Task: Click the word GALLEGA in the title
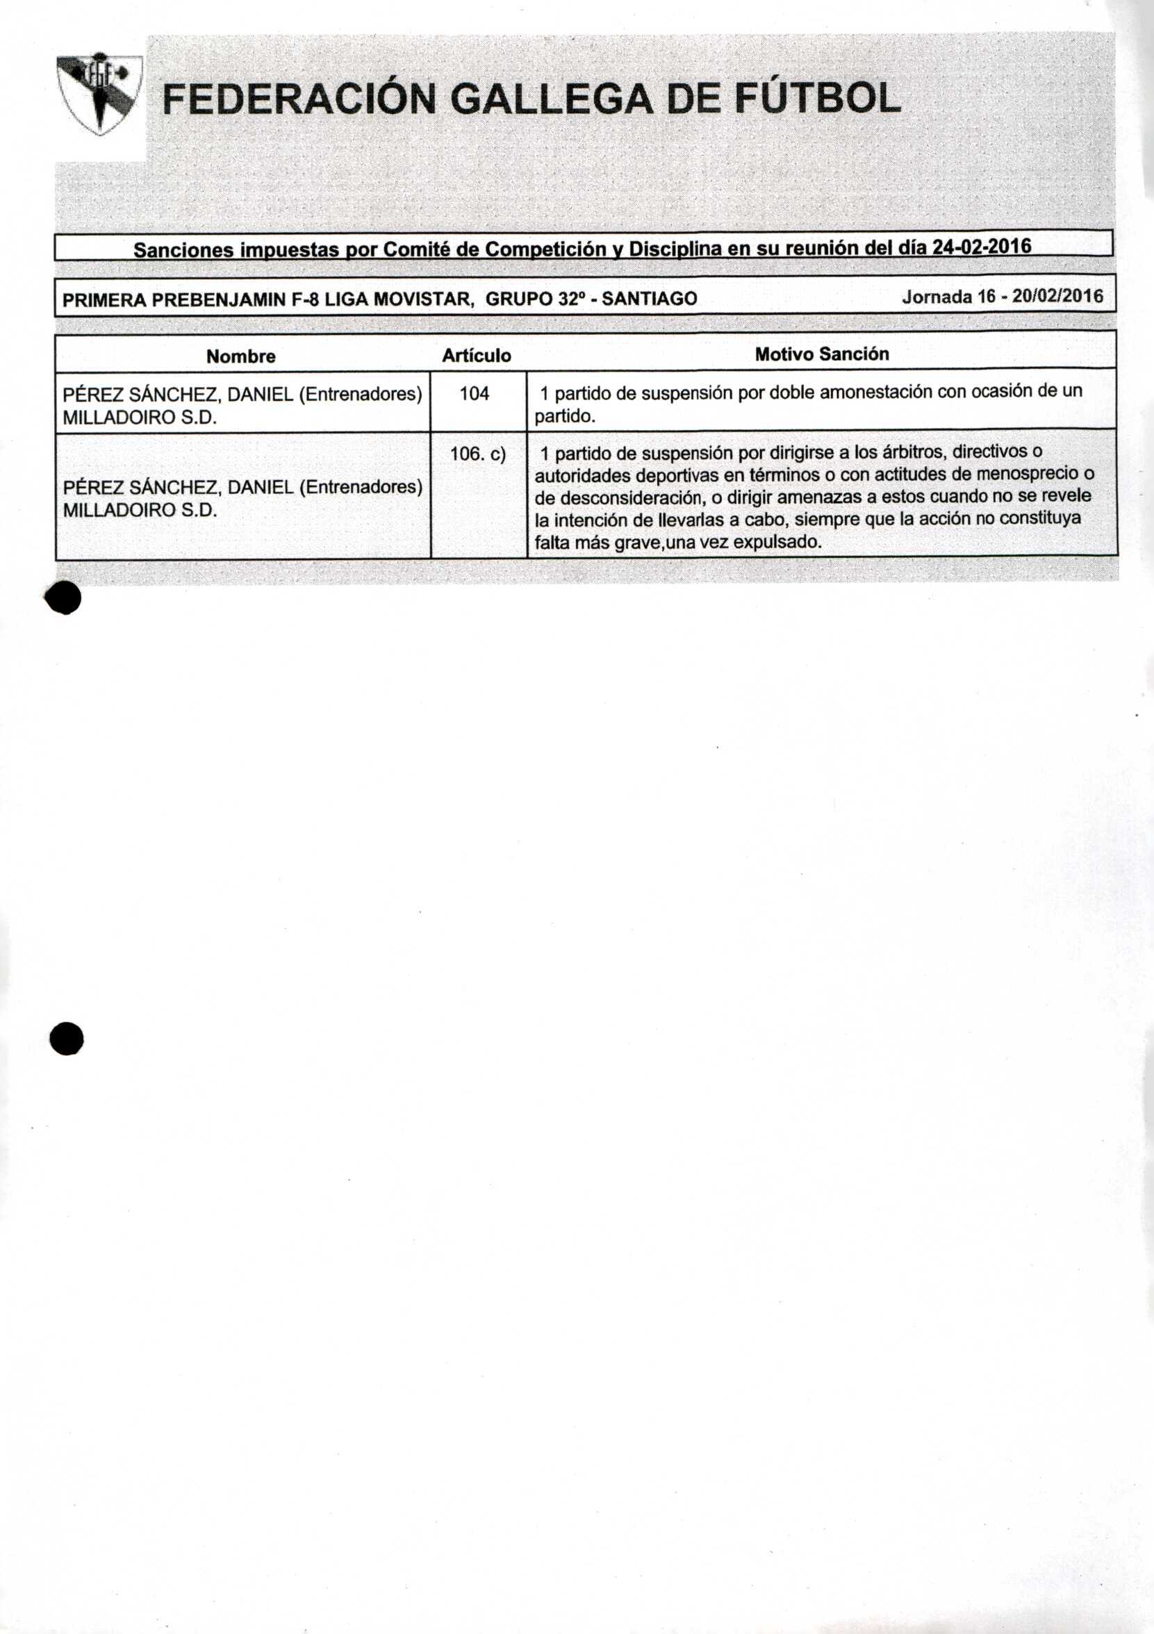pyautogui.click(x=552, y=99)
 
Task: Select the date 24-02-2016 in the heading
pyautogui.click(x=982, y=247)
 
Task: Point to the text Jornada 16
pyautogui.click(x=948, y=297)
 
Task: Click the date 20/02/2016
pyautogui.click(x=1057, y=297)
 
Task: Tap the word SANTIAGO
pyautogui.click(x=650, y=299)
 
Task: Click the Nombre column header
pyautogui.click(x=240, y=356)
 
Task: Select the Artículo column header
pyautogui.click(x=477, y=356)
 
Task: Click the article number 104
pyautogui.click(x=474, y=393)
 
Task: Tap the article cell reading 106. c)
pyautogui.click(x=478, y=454)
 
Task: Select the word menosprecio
pyautogui.click(x=1027, y=474)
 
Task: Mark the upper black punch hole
pyautogui.click(x=63, y=599)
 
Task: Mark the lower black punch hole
pyautogui.click(x=67, y=1039)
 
